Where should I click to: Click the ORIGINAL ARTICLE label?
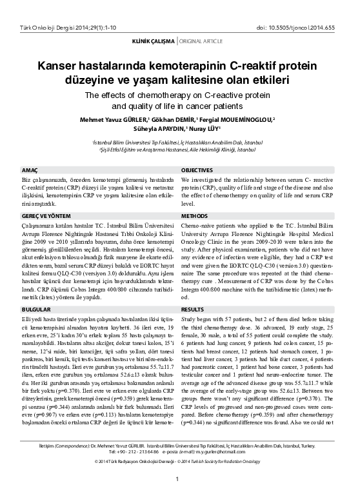(x=202, y=41)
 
